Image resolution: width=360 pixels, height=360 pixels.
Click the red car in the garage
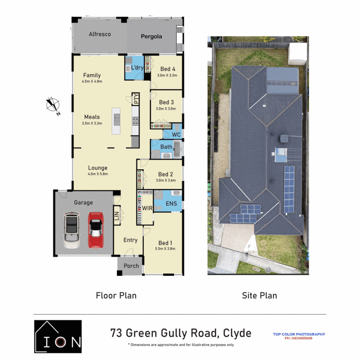click(x=95, y=230)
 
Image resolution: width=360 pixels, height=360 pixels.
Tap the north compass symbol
click(x=53, y=104)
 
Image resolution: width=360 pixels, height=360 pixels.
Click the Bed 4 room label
click(x=168, y=69)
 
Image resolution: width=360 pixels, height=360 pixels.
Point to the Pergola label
click(x=151, y=36)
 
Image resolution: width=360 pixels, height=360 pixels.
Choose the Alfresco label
click(x=100, y=34)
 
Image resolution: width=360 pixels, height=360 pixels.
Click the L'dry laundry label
click(x=137, y=68)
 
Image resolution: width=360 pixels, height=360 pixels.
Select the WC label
click(x=176, y=135)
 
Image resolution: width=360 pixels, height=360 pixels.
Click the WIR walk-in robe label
click(x=148, y=208)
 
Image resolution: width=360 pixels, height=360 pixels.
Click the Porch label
click(x=131, y=266)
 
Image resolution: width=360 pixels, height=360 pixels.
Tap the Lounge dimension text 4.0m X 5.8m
click(x=98, y=174)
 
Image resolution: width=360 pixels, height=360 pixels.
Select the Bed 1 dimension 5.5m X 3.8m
click(x=165, y=248)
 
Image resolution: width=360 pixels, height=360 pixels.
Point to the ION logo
click(x=58, y=336)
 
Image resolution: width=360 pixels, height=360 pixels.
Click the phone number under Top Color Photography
click(x=298, y=338)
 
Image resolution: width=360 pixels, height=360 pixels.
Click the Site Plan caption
click(x=259, y=295)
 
